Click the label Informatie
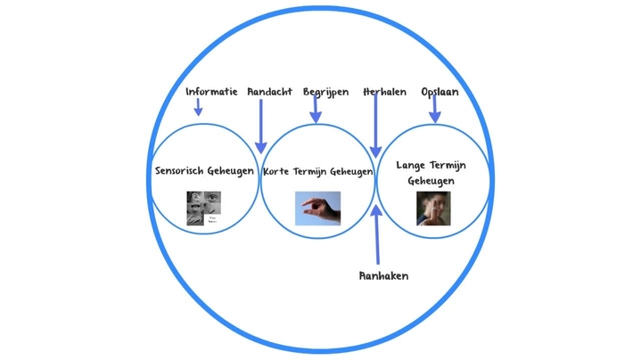211,92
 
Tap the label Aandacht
269,92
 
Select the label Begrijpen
325,92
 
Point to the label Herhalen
385,92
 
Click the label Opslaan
440,92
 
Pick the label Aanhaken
383,276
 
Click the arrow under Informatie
198,108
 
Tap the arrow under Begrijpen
316,110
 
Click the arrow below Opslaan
434,110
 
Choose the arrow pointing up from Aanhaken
376,236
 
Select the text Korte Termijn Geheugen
318,172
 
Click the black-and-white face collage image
203,209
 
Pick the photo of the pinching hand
318,209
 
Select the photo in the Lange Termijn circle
433,209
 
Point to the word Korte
277,172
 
